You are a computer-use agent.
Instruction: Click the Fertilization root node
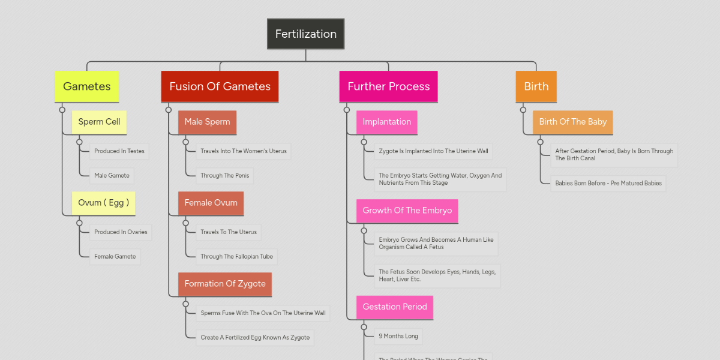(x=305, y=34)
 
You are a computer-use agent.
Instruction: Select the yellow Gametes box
(x=86, y=86)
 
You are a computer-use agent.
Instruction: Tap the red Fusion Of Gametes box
(x=220, y=86)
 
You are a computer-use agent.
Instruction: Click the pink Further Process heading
(x=388, y=86)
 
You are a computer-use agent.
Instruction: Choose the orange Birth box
(x=536, y=86)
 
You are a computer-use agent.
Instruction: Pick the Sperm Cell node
(x=99, y=122)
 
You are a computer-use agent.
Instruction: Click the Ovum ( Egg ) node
(x=103, y=203)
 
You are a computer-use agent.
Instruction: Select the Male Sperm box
(x=207, y=122)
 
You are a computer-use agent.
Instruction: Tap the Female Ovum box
(x=211, y=203)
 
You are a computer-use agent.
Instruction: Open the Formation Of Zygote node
(x=224, y=284)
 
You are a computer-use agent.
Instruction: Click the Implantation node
(x=386, y=122)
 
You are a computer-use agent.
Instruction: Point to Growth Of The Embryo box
(x=407, y=211)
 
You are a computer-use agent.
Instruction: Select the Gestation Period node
(x=394, y=307)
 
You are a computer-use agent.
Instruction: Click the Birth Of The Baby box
(x=572, y=122)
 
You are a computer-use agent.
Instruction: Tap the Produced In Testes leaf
(x=119, y=151)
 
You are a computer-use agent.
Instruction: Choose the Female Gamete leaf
(x=115, y=256)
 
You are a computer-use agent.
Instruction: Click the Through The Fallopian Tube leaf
(x=236, y=256)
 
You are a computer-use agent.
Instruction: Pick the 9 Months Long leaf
(x=398, y=336)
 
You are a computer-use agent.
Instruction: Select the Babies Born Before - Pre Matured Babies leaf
(x=608, y=183)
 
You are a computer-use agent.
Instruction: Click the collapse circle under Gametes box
(x=62, y=110)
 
